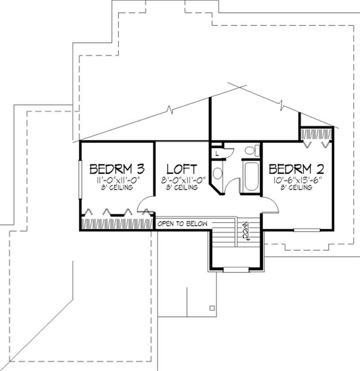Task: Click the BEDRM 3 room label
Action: click(x=117, y=169)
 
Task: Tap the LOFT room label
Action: click(x=182, y=169)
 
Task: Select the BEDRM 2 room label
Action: click(x=297, y=169)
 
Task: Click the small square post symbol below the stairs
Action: click(x=211, y=308)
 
